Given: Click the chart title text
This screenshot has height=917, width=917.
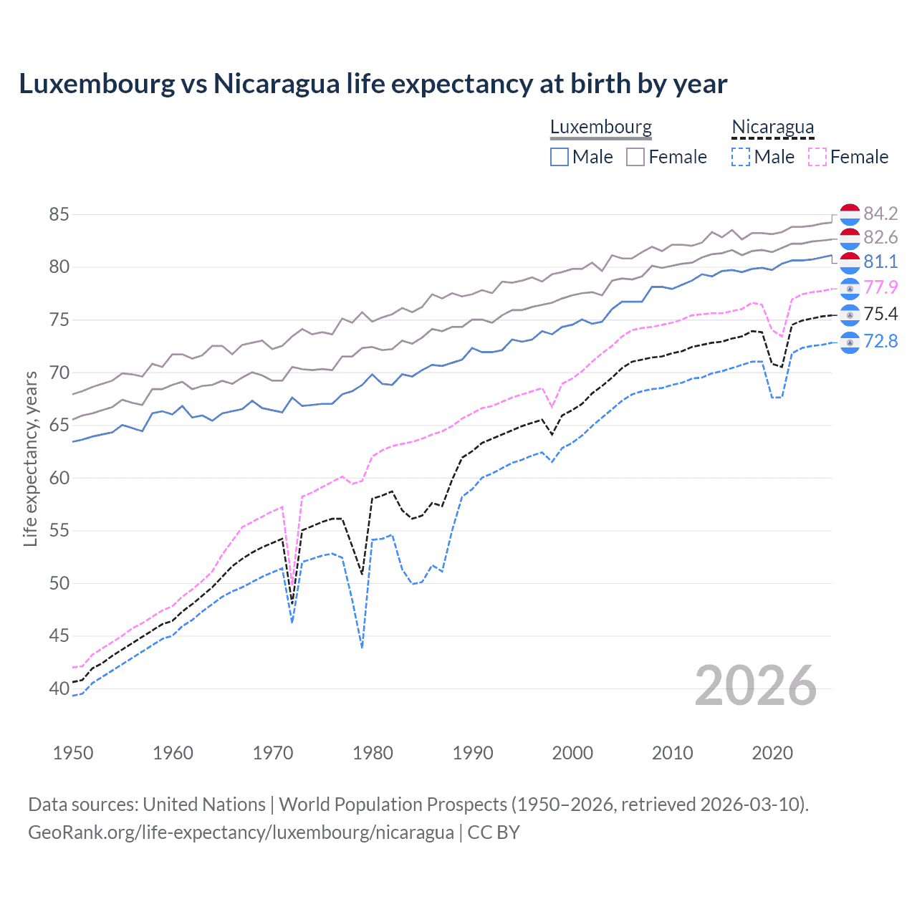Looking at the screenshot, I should (373, 84).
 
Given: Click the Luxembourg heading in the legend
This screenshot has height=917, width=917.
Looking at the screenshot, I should (600, 127).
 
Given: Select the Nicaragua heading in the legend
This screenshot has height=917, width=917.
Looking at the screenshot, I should (772, 127).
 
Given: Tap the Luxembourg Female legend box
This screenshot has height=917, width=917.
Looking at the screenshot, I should (635, 157).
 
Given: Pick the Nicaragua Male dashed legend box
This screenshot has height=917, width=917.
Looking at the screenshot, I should (741, 157).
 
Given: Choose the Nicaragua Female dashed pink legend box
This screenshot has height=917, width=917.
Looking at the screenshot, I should (817, 157).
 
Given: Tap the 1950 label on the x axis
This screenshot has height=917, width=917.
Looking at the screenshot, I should (73, 753).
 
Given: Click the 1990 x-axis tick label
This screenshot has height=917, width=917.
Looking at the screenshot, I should (473, 753).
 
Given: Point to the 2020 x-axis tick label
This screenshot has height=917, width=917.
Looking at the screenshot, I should (772, 753).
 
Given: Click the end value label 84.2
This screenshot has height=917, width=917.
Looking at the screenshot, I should (880, 213).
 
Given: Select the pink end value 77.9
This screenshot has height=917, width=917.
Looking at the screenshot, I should (880, 287).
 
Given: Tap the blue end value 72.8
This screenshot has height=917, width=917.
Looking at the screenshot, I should (880, 341).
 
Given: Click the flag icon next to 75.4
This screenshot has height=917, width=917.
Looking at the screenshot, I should (850, 315).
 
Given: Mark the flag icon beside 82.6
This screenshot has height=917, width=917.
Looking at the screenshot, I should (850, 238).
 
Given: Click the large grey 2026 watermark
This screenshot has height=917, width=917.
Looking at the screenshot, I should (755, 686).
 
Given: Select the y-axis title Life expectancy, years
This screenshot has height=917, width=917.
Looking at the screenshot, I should (30, 458).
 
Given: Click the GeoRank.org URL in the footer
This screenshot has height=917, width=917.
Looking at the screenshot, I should (241, 832).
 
